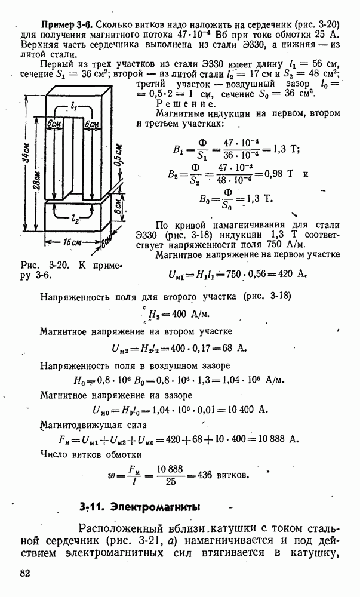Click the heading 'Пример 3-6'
point(66,24)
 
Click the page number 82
point(25,574)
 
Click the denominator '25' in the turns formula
point(171,482)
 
